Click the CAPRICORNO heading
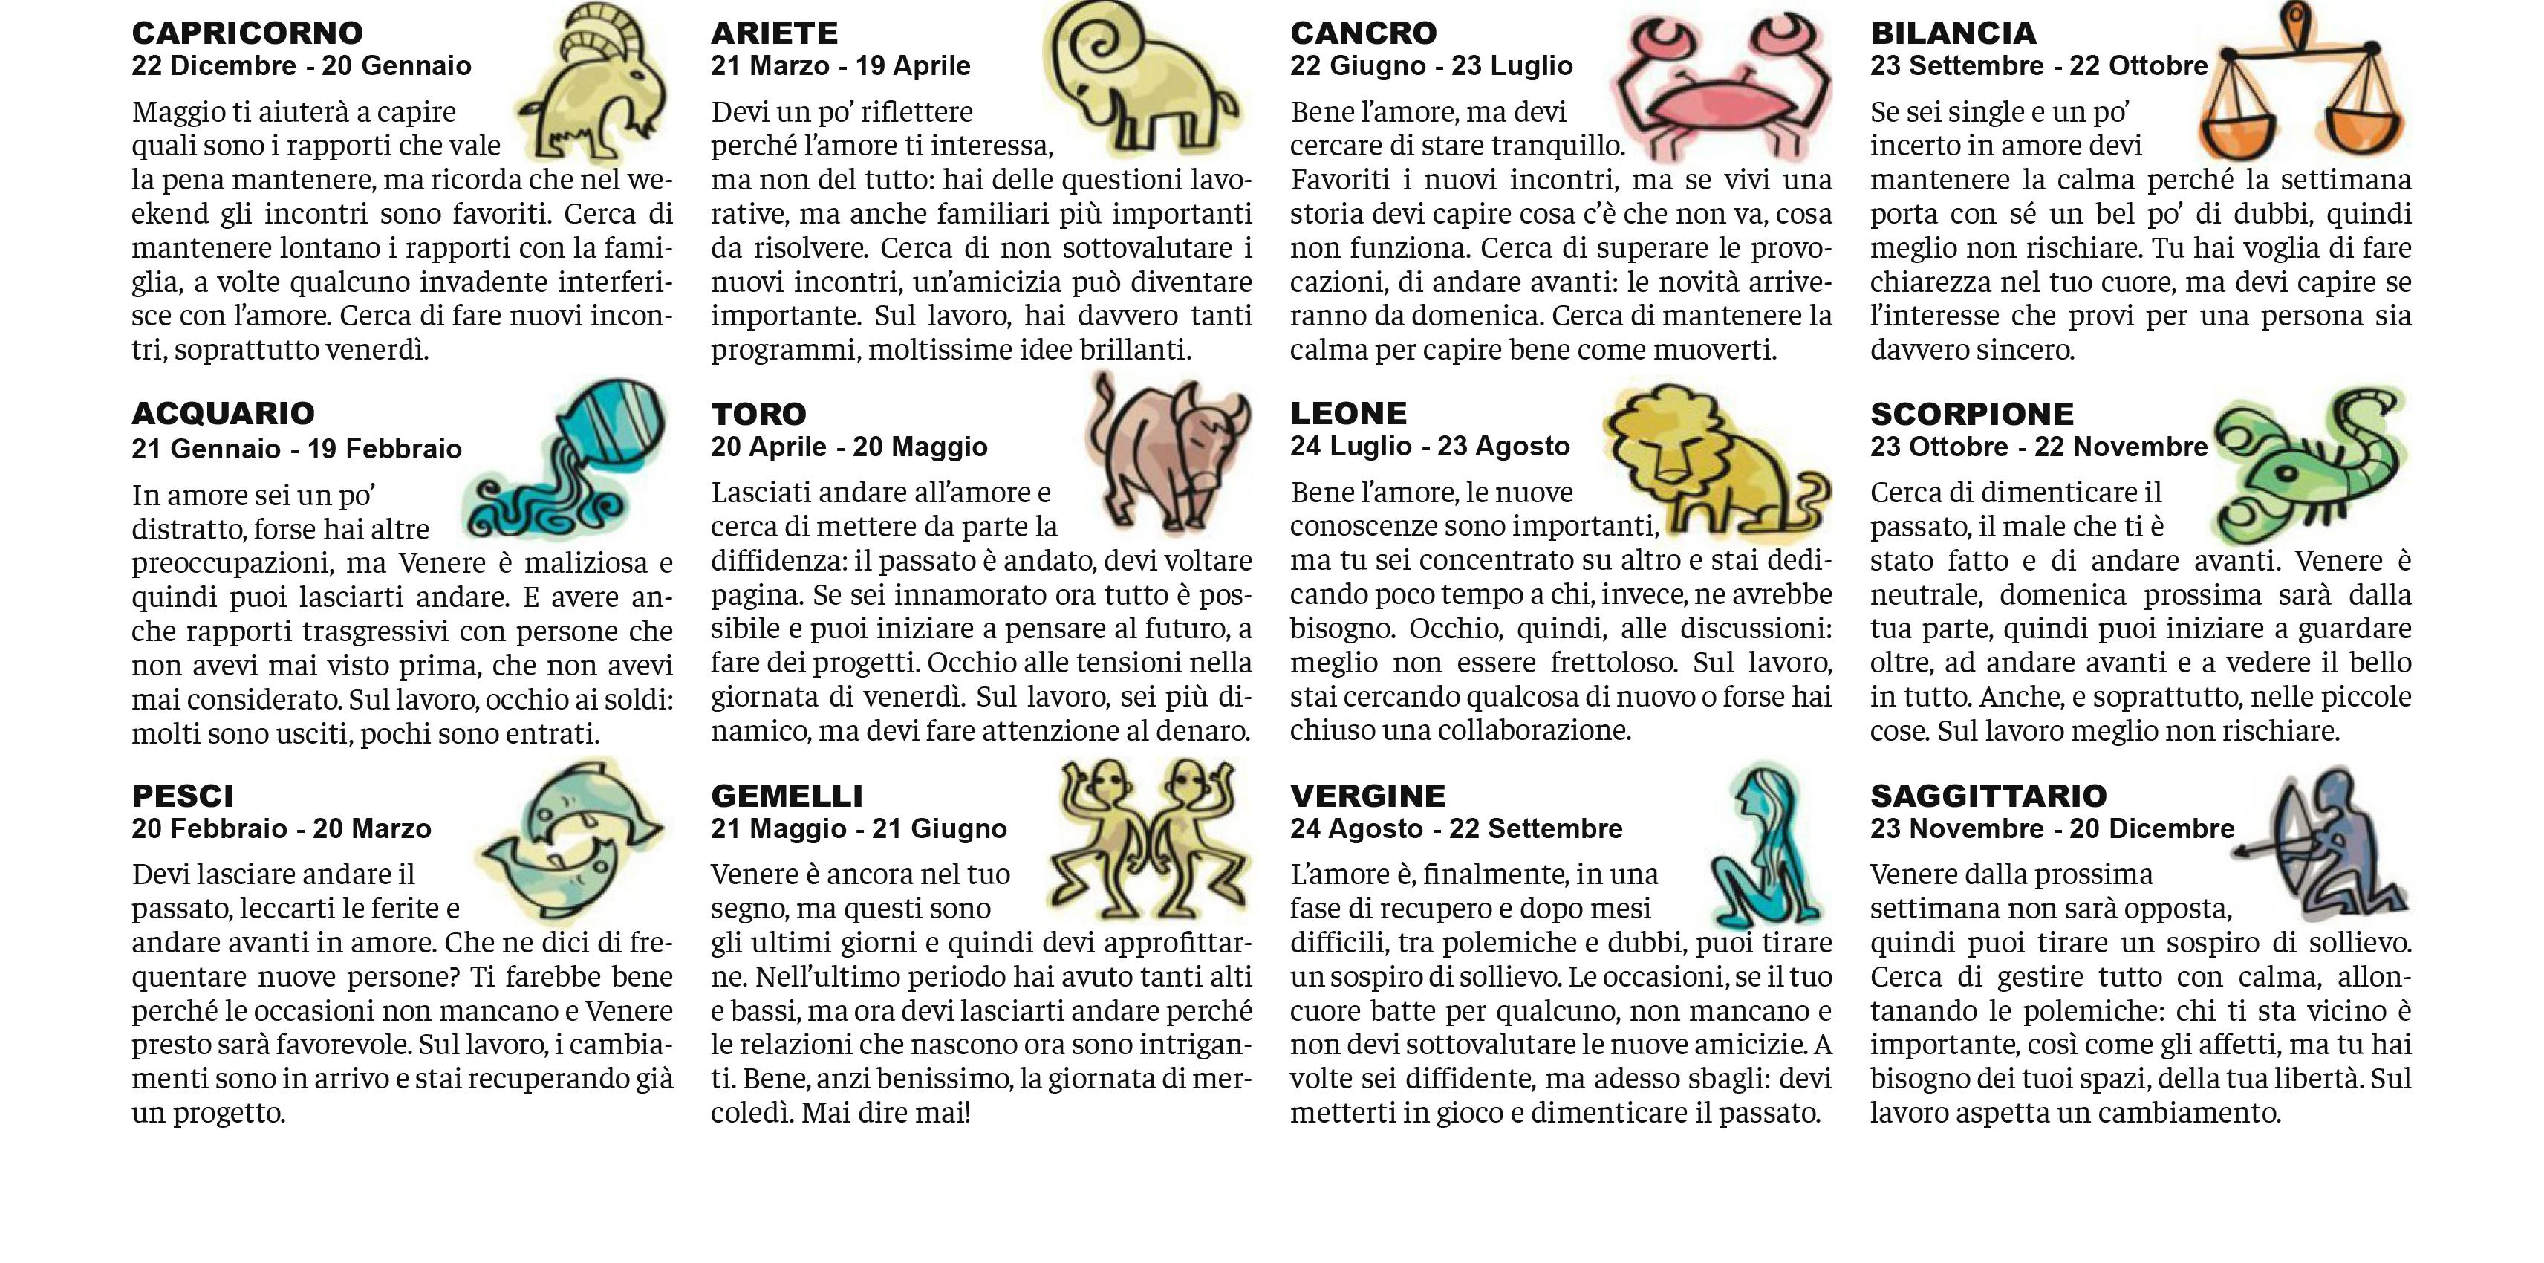(247, 33)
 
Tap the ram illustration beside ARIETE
(1136, 79)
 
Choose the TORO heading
(758, 414)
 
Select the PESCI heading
(183, 795)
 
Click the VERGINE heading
(1367, 795)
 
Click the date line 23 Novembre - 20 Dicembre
(2052, 828)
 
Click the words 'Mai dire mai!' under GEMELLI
(886, 1113)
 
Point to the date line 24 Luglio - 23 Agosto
(1429, 447)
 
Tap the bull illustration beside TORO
(1165, 449)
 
